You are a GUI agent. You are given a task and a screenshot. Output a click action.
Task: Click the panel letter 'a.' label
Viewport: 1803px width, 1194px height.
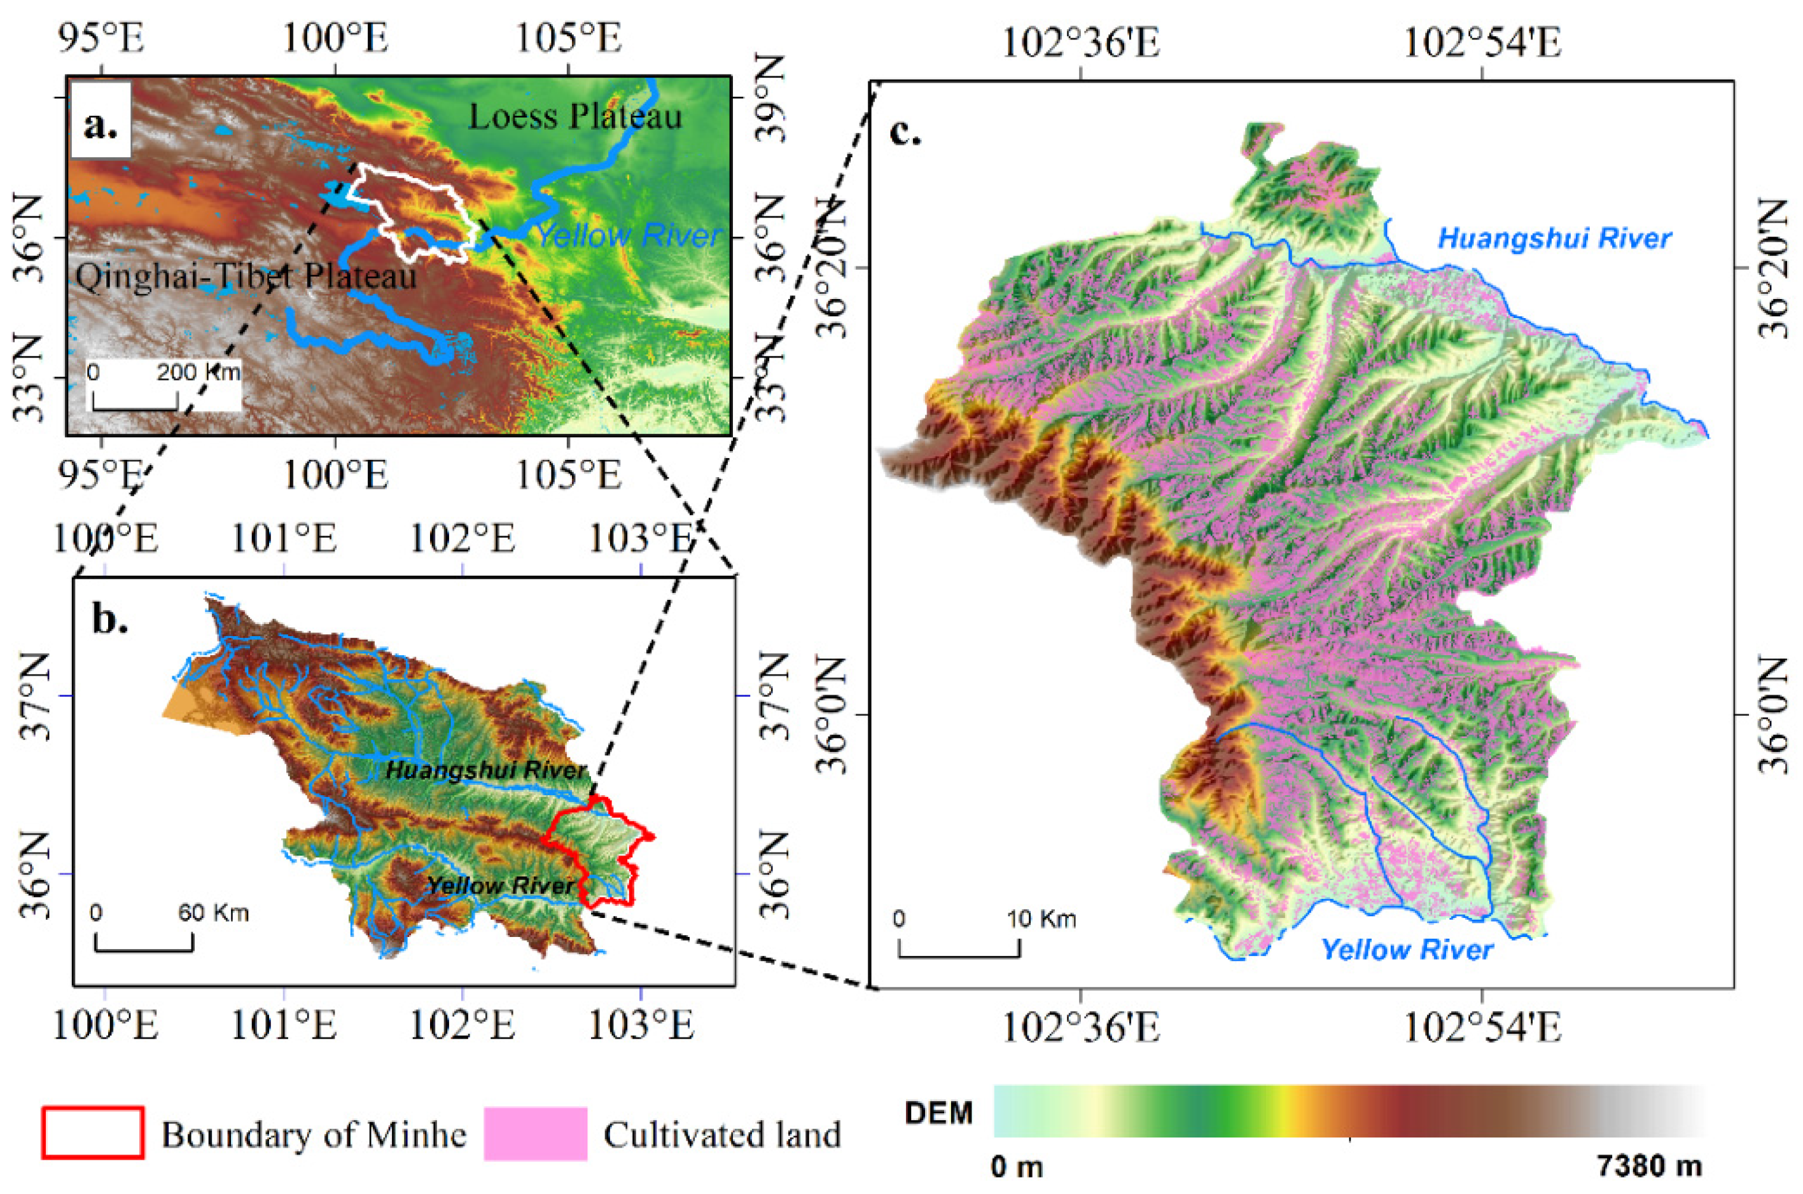101,123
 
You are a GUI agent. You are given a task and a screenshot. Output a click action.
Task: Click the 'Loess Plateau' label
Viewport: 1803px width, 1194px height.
575,116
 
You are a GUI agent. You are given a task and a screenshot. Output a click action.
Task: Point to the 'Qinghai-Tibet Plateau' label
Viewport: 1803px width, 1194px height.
246,275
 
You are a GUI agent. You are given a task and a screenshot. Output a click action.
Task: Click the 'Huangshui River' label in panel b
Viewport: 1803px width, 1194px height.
487,770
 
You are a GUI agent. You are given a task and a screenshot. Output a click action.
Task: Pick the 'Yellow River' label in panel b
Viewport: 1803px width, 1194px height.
500,885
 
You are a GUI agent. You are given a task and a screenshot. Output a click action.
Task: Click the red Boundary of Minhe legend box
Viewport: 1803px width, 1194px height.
93,1133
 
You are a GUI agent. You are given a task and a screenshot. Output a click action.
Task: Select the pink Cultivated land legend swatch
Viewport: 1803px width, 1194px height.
535,1133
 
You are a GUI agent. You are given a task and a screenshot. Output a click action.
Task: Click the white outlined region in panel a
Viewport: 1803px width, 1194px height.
415,209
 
